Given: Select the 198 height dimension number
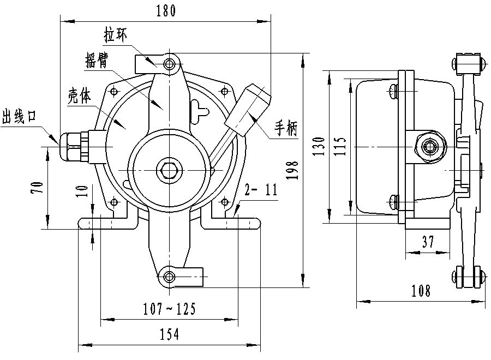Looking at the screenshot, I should (x=293, y=170).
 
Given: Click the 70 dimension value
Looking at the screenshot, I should (x=37, y=188).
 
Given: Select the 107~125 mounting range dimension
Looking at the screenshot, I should (x=169, y=309).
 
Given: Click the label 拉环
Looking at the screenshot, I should (x=118, y=35).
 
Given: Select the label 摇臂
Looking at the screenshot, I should (x=97, y=60).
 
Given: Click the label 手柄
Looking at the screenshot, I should (x=285, y=129).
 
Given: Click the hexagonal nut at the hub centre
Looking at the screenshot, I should (x=167, y=171).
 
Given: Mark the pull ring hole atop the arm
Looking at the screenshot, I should (x=171, y=64).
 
